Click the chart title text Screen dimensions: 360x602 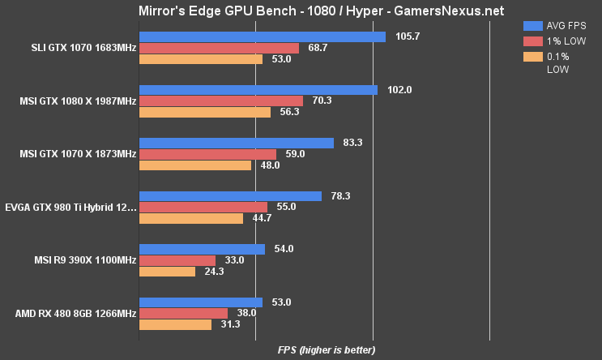tap(301, 11)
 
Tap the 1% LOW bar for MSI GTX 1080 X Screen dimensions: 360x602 tap(221, 101)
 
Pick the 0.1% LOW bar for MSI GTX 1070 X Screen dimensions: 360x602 tap(195, 165)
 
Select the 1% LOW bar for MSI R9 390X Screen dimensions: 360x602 tap(177, 260)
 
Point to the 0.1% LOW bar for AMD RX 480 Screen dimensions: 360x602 tap(175, 324)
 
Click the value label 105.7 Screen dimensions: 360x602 tap(407, 36)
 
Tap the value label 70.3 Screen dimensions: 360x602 tap(323, 101)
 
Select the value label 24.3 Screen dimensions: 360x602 tap(215, 272)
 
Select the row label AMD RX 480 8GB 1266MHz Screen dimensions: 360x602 tap(75, 313)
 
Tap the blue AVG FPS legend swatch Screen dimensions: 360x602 tap(532, 25)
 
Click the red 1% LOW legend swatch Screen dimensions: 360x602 tap(532, 41)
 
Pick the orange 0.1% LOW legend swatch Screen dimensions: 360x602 tap(532, 56)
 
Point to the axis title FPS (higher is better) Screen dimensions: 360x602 tap(327, 350)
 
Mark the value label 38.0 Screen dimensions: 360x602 tap(246, 313)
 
